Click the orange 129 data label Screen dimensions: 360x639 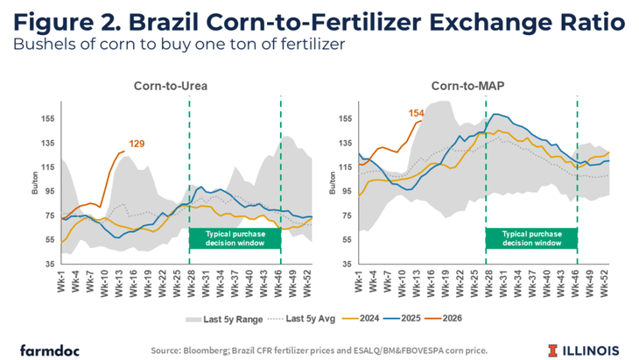(137, 143)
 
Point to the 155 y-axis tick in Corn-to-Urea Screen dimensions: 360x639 (48, 118)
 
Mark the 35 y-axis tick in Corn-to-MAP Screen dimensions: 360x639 (346, 264)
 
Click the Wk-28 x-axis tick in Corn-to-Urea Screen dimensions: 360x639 (189, 283)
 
